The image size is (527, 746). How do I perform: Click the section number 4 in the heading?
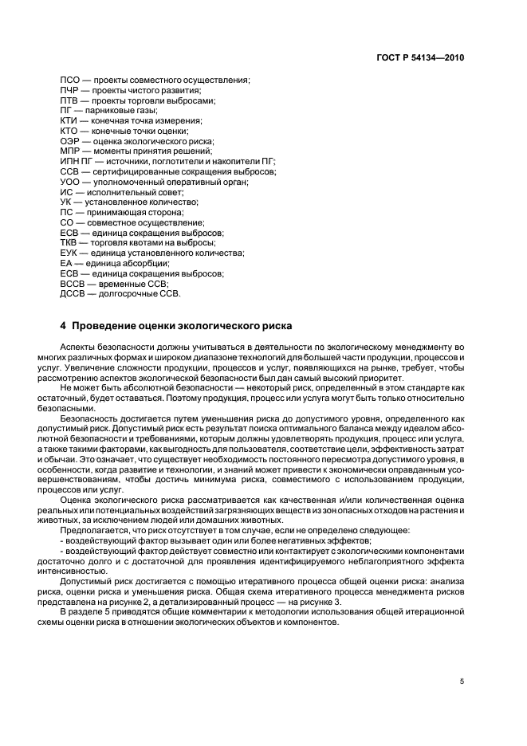63,326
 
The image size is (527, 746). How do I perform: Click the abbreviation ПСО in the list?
70,80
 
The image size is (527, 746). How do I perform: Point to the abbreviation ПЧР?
70,91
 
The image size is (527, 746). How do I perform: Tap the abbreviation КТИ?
69,121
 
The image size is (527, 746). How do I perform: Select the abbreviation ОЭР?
70,141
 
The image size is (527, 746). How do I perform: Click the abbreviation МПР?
70,151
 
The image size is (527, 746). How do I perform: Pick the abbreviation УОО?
70,182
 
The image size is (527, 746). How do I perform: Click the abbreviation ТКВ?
69,242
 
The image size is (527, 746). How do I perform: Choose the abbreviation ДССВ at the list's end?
73,293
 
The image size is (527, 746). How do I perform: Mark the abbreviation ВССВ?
73,283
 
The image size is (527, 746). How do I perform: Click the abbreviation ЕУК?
69,253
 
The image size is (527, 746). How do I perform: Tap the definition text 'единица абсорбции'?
127,263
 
